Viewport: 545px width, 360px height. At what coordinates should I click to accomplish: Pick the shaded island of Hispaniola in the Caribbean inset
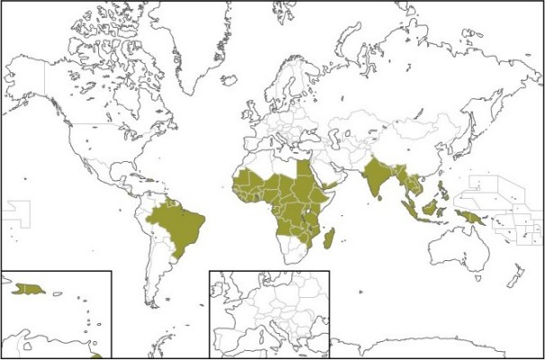pyautogui.click(x=30, y=288)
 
